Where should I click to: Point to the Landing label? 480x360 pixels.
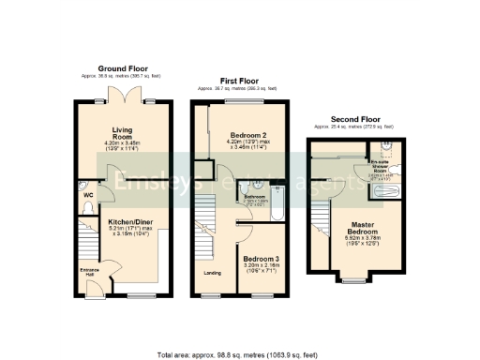[213, 273]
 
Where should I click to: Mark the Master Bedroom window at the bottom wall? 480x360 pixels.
[354, 278]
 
